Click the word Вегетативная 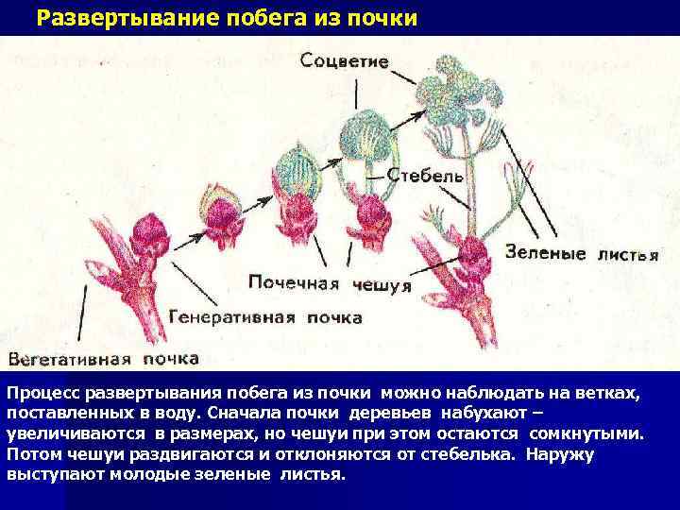click(72, 358)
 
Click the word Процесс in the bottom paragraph click(42, 392)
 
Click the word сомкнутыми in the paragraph click(586, 433)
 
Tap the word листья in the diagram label click(627, 253)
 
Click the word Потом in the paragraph click(30, 453)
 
